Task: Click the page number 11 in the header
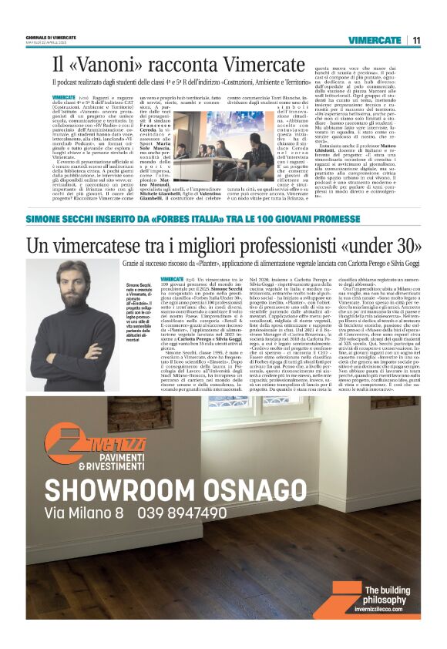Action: click(x=415, y=39)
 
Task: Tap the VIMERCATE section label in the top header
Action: click(x=375, y=39)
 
